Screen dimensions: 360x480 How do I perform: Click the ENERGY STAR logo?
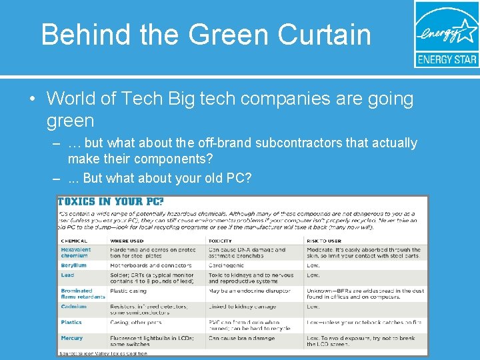446,34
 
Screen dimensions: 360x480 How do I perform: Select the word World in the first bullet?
73,99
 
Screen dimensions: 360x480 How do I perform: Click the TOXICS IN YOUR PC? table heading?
111,201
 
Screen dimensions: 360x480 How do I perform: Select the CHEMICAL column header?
74,241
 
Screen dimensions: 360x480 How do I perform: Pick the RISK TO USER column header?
326,241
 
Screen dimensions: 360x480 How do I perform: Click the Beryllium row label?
73,265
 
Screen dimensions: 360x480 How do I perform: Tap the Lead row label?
67,275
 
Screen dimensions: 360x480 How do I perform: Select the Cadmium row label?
73,307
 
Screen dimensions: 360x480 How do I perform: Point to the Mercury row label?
72,338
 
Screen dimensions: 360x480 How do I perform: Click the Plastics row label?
71,323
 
